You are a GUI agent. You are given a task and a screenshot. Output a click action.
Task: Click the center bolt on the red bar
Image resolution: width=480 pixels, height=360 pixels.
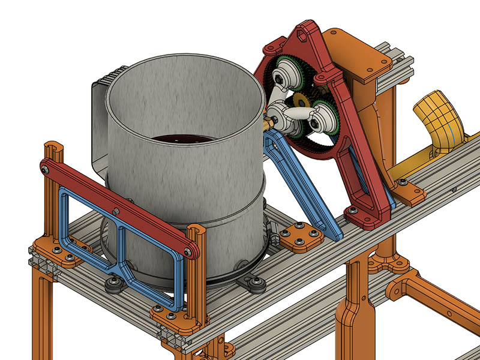tap(115, 211)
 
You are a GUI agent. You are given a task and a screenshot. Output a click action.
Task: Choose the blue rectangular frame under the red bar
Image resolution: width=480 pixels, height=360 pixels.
tap(120, 252)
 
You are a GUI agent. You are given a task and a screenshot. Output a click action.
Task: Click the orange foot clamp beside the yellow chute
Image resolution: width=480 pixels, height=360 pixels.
tap(411, 193)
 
